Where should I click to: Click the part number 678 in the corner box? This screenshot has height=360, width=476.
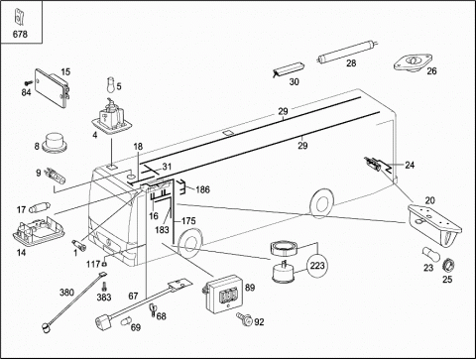tap(20, 34)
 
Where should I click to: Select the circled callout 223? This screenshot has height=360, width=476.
tap(317, 266)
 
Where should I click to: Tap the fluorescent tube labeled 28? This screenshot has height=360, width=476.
tap(348, 52)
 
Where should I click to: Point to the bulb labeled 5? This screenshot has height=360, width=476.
tap(111, 85)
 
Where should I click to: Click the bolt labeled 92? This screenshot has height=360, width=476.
tap(244, 318)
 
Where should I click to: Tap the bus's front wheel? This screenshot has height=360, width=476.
tap(189, 244)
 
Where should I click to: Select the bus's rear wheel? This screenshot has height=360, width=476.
tap(321, 203)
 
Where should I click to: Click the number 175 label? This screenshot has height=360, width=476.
tap(188, 221)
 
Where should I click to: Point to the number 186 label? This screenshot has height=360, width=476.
tap(202, 189)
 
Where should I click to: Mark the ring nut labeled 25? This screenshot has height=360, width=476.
tap(448, 265)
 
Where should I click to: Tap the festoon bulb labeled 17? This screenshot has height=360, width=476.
tap(40, 208)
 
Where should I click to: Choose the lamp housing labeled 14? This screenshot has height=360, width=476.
tap(38, 230)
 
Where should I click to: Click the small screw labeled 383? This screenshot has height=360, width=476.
tap(104, 286)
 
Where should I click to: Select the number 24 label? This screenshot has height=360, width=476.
tap(410, 165)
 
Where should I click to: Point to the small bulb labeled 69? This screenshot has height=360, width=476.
tap(125, 321)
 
